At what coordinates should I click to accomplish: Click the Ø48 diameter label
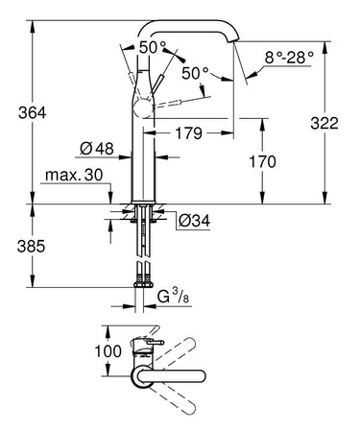91,149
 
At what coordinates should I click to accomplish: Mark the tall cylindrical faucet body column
143,154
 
